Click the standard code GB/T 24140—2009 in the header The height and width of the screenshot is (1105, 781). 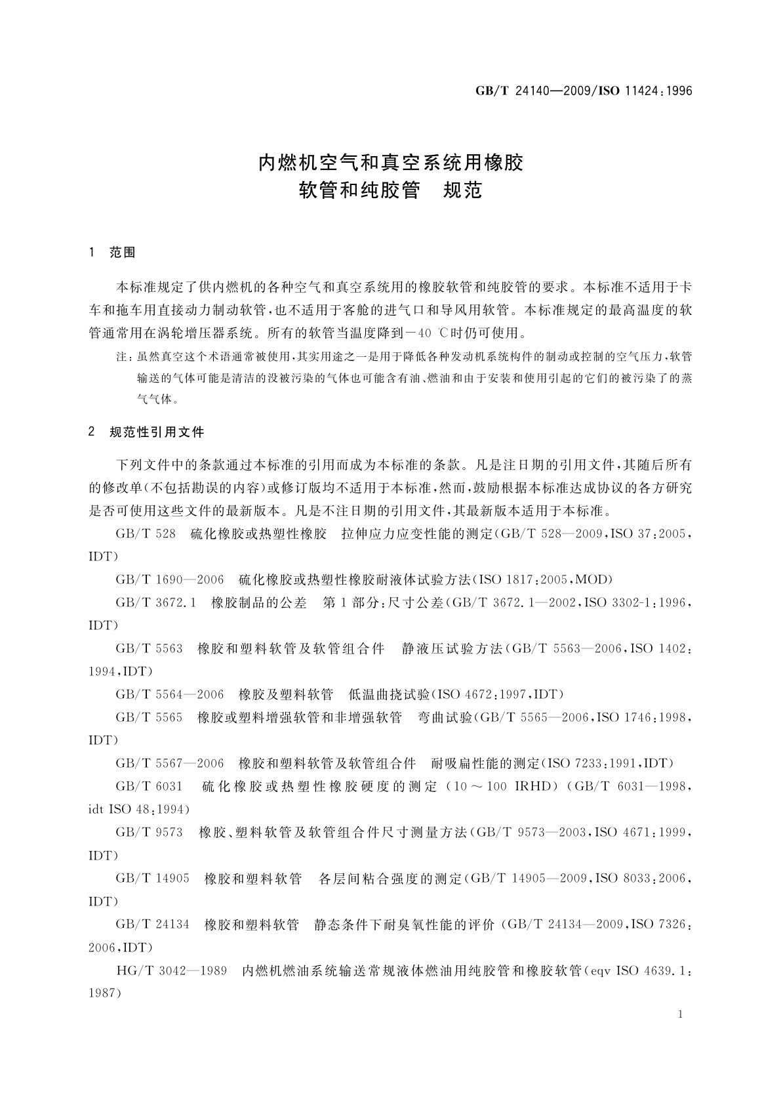(532, 91)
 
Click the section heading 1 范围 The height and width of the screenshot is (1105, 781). (112, 253)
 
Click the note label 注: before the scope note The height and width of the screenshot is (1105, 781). (123, 358)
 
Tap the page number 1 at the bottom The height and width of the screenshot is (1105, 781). (680, 1014)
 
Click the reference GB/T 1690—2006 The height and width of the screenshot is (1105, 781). (170, 579)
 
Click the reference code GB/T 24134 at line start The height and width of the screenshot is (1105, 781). (153, 925)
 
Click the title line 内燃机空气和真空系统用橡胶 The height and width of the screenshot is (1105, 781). (390, 161)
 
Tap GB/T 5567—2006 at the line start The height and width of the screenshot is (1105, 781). (170, 763)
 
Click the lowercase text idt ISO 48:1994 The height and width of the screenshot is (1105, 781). (139, 809)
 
